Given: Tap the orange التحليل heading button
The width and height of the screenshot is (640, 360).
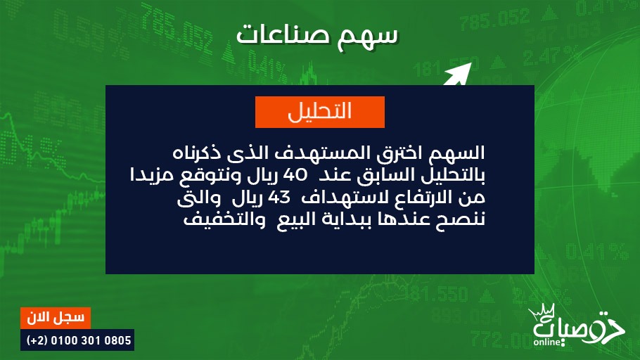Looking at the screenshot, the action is click(x=320, y=112).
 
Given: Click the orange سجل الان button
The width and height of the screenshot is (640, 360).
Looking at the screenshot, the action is click(x=56, y=318).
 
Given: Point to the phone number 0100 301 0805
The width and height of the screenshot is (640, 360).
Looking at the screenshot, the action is click(x=91, y=340).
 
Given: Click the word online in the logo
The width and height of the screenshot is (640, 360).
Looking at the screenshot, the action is click(x=547, y=342).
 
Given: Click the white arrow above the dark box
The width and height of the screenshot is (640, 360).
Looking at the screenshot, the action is click(x=457, y=74).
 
